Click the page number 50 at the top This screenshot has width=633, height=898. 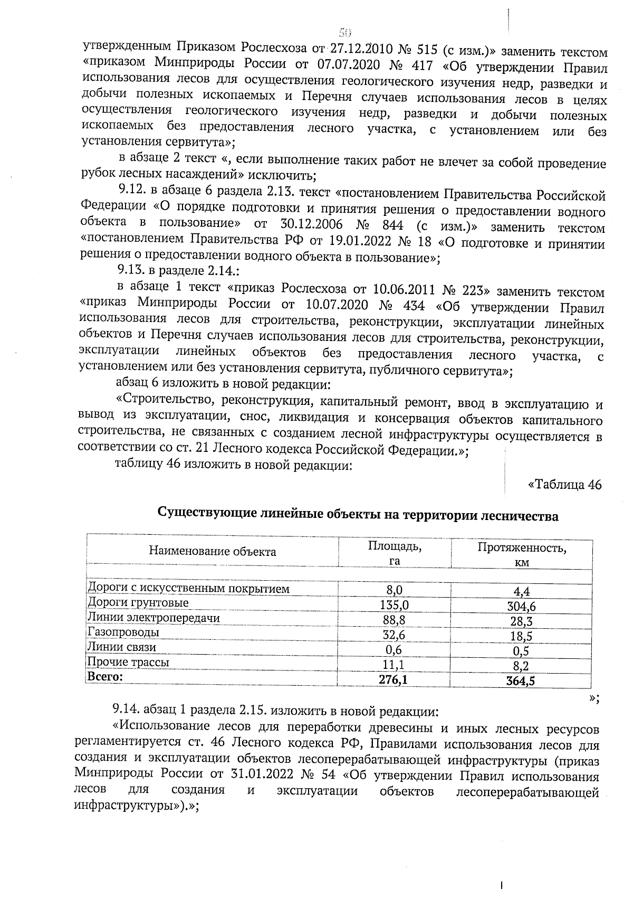coord(345,32)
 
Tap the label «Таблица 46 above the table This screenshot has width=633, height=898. coord(564,485)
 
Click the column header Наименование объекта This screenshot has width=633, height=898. coord(212,552)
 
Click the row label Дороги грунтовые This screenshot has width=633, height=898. coord(138,603)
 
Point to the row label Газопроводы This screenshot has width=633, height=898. coord(123,632)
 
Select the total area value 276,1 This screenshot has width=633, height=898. coord(394,680)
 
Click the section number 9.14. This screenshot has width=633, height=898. coord(127,712)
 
